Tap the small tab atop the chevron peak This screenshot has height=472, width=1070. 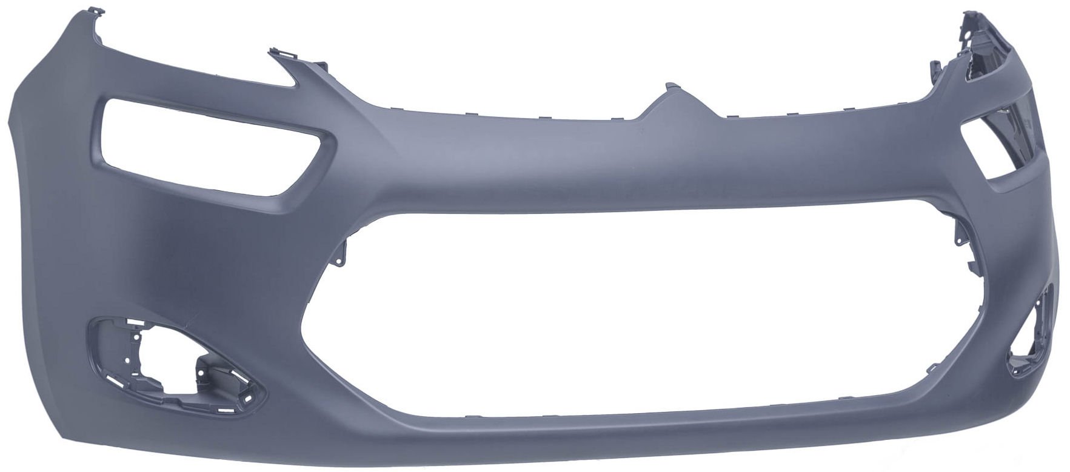pyautogui.click(x=671, y=87)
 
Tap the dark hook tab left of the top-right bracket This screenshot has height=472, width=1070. pyautogui.click(x=934, y=67)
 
